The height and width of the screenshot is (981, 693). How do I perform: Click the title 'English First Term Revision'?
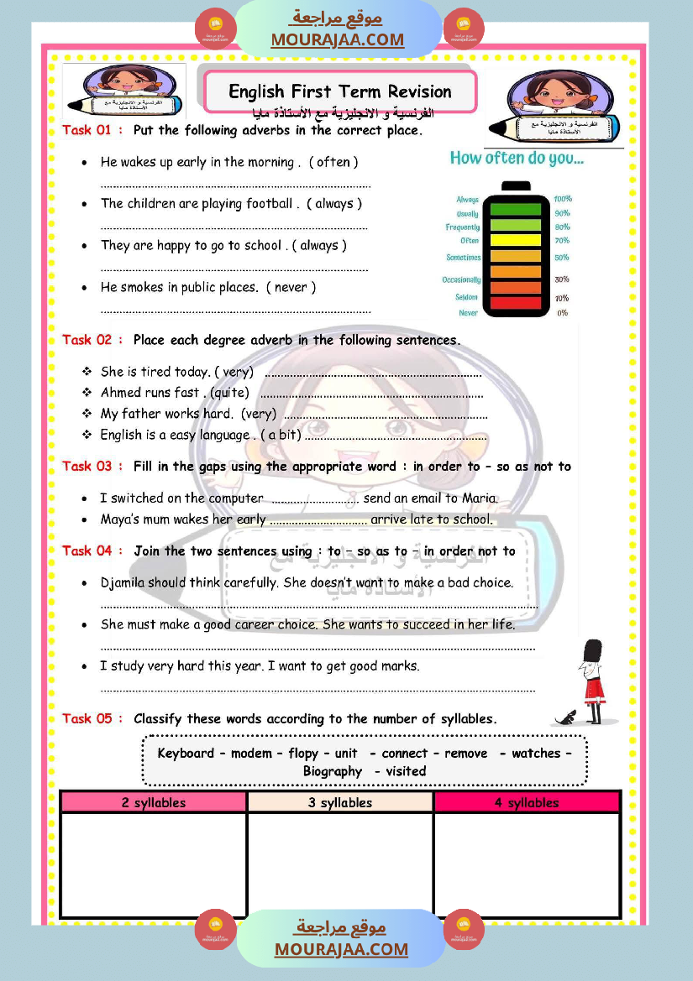click(340, 91)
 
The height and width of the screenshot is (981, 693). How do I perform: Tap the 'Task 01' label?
click(87, 130)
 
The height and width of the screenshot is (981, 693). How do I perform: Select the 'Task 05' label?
click(87, 718)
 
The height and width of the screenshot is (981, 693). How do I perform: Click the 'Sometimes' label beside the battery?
click(464, 258)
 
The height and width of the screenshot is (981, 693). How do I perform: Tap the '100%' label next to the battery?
click(562, 199)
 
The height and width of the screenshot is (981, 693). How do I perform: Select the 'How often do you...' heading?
click(517, 158)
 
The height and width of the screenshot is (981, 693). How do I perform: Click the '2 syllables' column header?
click(154, 802)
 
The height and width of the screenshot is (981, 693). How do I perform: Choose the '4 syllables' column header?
click(527, 802)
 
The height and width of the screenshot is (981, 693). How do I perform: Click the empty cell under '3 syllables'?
click(340, 864)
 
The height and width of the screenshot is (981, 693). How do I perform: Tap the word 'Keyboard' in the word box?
click(186, 753)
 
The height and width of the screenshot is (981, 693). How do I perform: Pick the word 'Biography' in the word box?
click(333, 771)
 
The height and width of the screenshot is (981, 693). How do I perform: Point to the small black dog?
click(566, 717)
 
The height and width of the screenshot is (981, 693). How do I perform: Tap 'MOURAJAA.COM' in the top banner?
click(337, 39)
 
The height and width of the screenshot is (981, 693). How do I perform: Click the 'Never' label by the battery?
click(469, 313)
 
